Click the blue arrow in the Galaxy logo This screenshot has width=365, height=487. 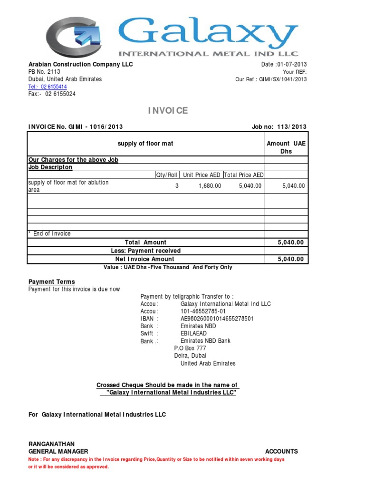(89, 34)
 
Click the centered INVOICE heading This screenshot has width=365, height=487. (168, 111)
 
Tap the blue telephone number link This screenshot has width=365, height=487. (48, 87)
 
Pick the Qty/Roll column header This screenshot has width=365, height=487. (167, 175)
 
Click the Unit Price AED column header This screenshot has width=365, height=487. (202, 175)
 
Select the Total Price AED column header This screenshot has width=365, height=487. (243, 175)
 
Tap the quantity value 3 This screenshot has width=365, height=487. (177, 186)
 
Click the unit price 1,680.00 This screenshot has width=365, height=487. (210, 186)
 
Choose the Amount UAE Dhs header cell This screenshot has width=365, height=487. (286, 147)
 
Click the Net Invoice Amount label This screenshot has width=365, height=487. (145, 259)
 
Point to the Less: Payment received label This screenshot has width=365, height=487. (146, 251)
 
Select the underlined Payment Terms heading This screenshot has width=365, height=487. (52, 282)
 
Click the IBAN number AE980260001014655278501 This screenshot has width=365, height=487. (217, 319)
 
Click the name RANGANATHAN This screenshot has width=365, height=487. (51, 444)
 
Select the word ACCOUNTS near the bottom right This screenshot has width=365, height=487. (281, 451)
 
